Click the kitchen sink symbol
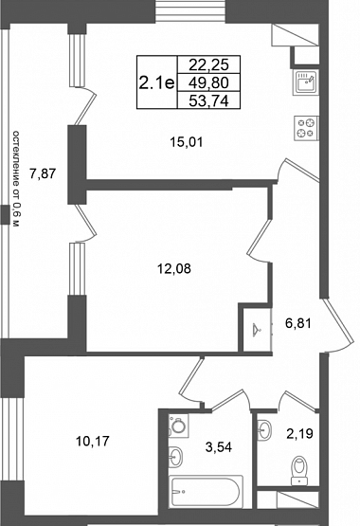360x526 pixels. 306,82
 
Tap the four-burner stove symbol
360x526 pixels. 306,128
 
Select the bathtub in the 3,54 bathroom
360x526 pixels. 206,492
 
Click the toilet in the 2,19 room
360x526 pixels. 299,470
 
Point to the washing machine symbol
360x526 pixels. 178,426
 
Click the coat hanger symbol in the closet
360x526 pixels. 258,330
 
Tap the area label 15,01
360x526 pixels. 187,142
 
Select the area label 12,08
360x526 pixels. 174,268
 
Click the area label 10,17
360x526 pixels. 93,441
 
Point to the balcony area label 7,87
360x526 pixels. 43,173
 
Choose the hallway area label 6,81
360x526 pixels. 298,323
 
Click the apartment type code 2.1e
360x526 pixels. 157,82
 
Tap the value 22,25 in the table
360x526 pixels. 208,64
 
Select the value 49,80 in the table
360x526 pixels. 208,82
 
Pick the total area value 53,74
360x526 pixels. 208,100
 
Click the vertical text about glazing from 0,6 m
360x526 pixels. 16,178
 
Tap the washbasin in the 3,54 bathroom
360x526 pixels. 175,456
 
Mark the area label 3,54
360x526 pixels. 219,447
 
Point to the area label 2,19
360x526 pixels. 299,433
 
